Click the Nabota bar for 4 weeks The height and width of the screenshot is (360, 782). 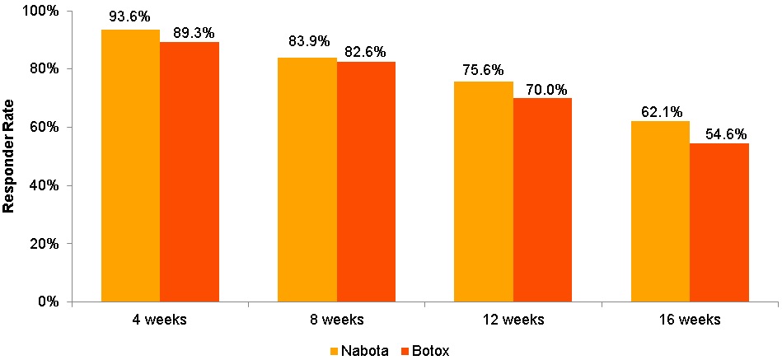click(x=130, y=165)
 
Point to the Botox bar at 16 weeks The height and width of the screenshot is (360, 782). click(x=719, y=222)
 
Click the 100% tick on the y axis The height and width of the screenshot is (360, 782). click(x=42, y=11)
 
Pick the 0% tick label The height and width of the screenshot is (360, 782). click(x=49, y=302)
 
